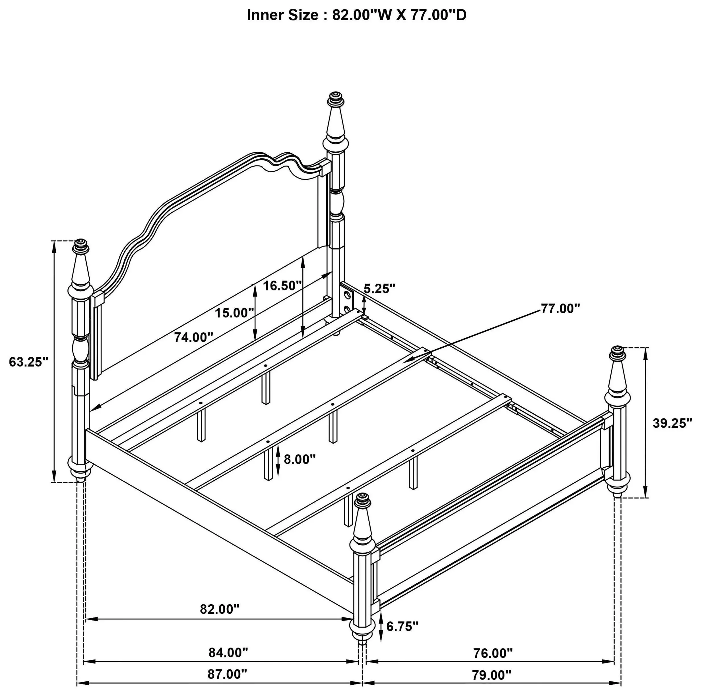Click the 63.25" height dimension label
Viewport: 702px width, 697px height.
pyautogui.click(x=29, y=362)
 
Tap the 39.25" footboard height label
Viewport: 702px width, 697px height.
pyautogui.click(x=672, y=423)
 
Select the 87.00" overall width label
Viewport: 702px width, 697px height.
pyautogui.click(x=227, y=674)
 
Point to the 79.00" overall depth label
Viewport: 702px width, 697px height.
pyautogui.click(x=492, y=675)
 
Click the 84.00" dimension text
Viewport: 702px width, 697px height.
pyautogui.click(x=228, y=653)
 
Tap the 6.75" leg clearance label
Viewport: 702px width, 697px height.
pyautogui.click(x=402, y=626)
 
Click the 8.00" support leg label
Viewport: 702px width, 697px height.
pyautogui.click(x=300, y=459)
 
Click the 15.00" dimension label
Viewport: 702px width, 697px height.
pyautogui.click(x=234, y=313)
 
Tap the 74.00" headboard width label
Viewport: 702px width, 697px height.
pyautogui.click(x=193, y=337)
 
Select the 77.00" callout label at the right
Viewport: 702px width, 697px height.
pyautogui.click(x=560, y=308)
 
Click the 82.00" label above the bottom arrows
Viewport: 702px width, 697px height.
pyautogui.click(x=220, y=609)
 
